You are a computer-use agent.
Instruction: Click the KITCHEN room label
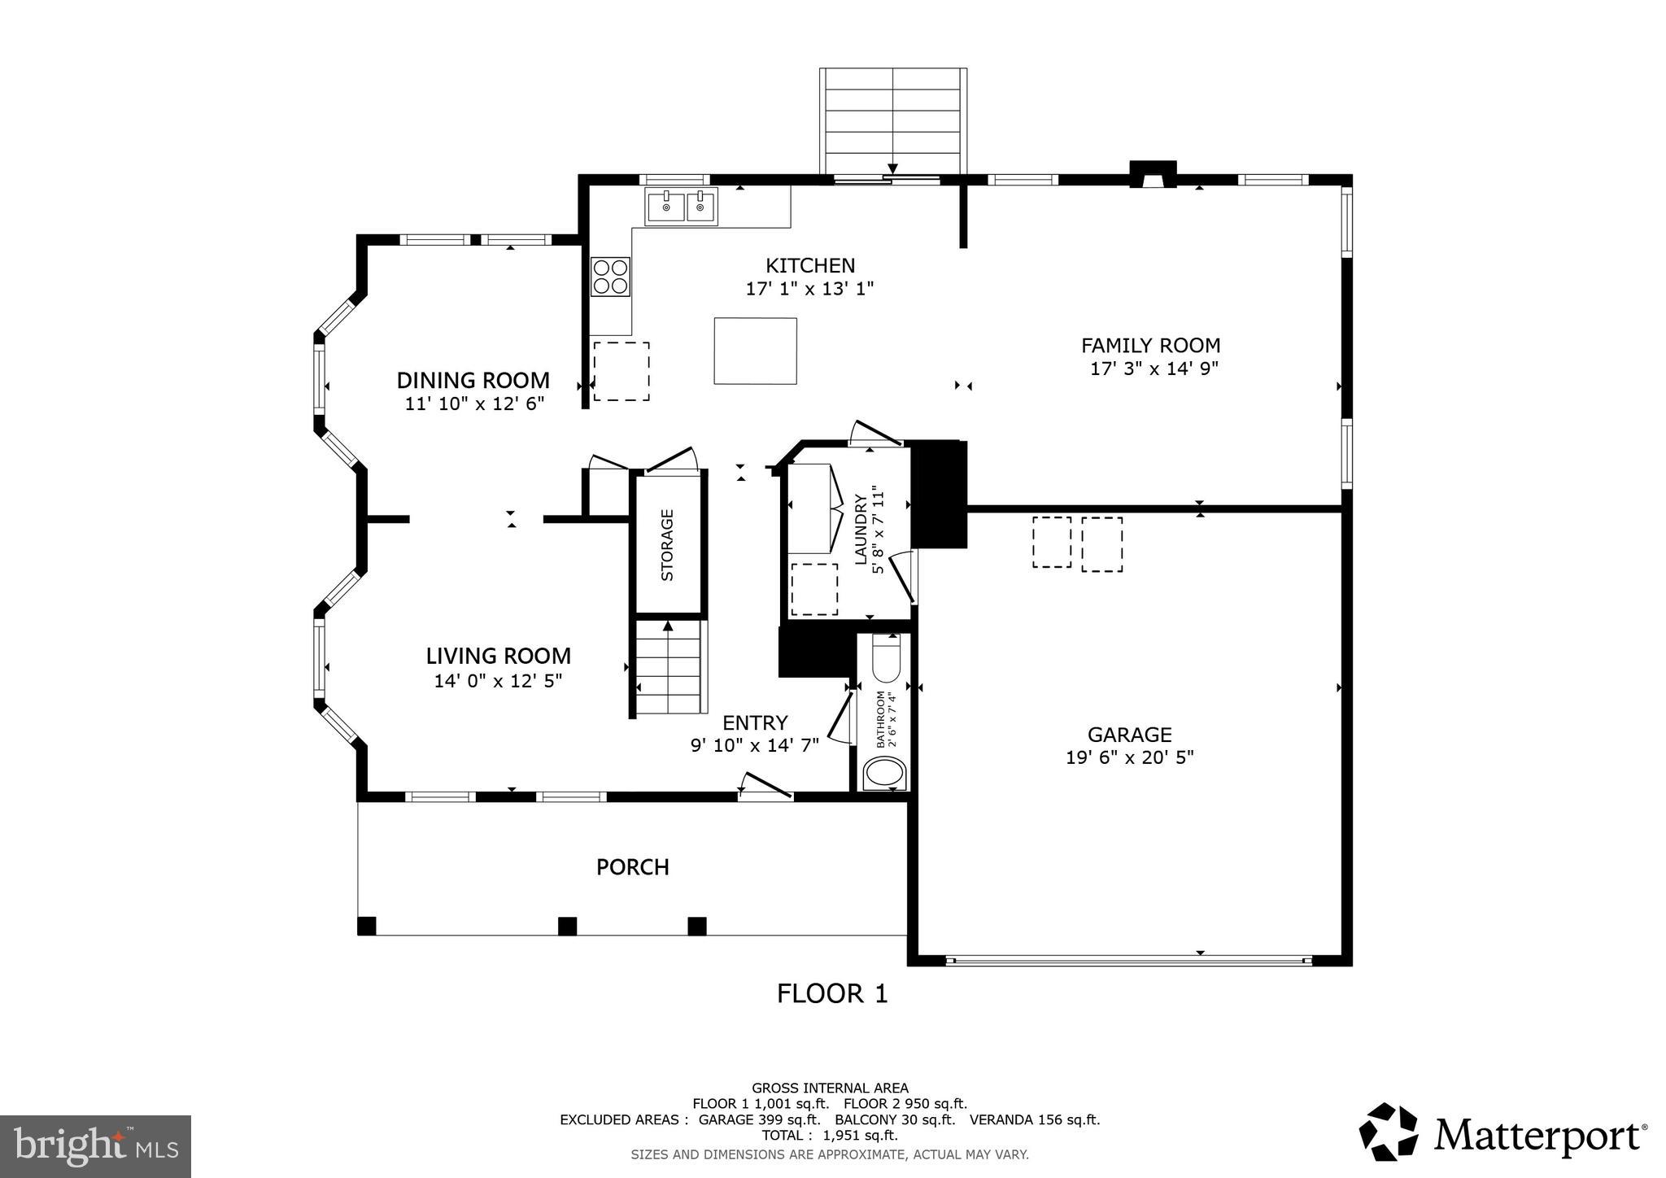(x=809, y=265)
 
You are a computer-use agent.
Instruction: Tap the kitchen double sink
(x=682, y=206)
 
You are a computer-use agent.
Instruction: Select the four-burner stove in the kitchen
(x=611, y=276)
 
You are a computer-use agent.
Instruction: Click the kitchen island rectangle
(x=755, y=351)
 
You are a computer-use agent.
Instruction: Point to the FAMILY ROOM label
(x=1150, y=345)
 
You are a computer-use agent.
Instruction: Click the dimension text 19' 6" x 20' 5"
(x=1129, y=757)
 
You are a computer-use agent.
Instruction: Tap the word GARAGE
(x=1129, y=735)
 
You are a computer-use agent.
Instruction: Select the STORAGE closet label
(x=668, y=544)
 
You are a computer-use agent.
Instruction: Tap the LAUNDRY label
(x=861, y=529)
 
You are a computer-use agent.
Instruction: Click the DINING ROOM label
(x=473, y=380)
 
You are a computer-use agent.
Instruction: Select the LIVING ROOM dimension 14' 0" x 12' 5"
(x=498, y=680)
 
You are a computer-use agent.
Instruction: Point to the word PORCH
(x=632, y=867)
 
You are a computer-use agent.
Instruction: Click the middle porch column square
(x=567, y=926)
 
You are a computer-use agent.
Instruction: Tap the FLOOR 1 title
(x=831, y=993)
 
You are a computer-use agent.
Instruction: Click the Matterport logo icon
(x=1389, y=1132)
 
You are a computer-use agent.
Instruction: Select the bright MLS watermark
(x=95, y=1146)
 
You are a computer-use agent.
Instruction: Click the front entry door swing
(x=765, y=785)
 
